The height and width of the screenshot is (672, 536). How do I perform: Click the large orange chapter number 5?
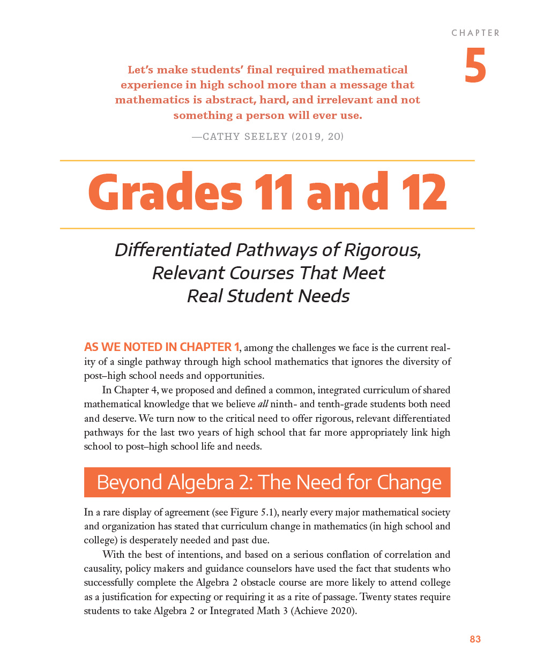tap(475, 66)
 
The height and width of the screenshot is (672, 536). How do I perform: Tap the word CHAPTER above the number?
tap(475, 33)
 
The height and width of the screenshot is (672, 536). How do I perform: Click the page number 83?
tap(475, 639)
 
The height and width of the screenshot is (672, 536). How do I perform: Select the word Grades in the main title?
tap(166, 192)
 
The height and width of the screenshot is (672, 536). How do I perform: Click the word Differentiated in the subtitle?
tap(173, 250)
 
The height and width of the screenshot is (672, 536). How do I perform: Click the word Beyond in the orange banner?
tap(129, 482)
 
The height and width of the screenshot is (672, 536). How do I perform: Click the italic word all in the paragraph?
tap(263, 404)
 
